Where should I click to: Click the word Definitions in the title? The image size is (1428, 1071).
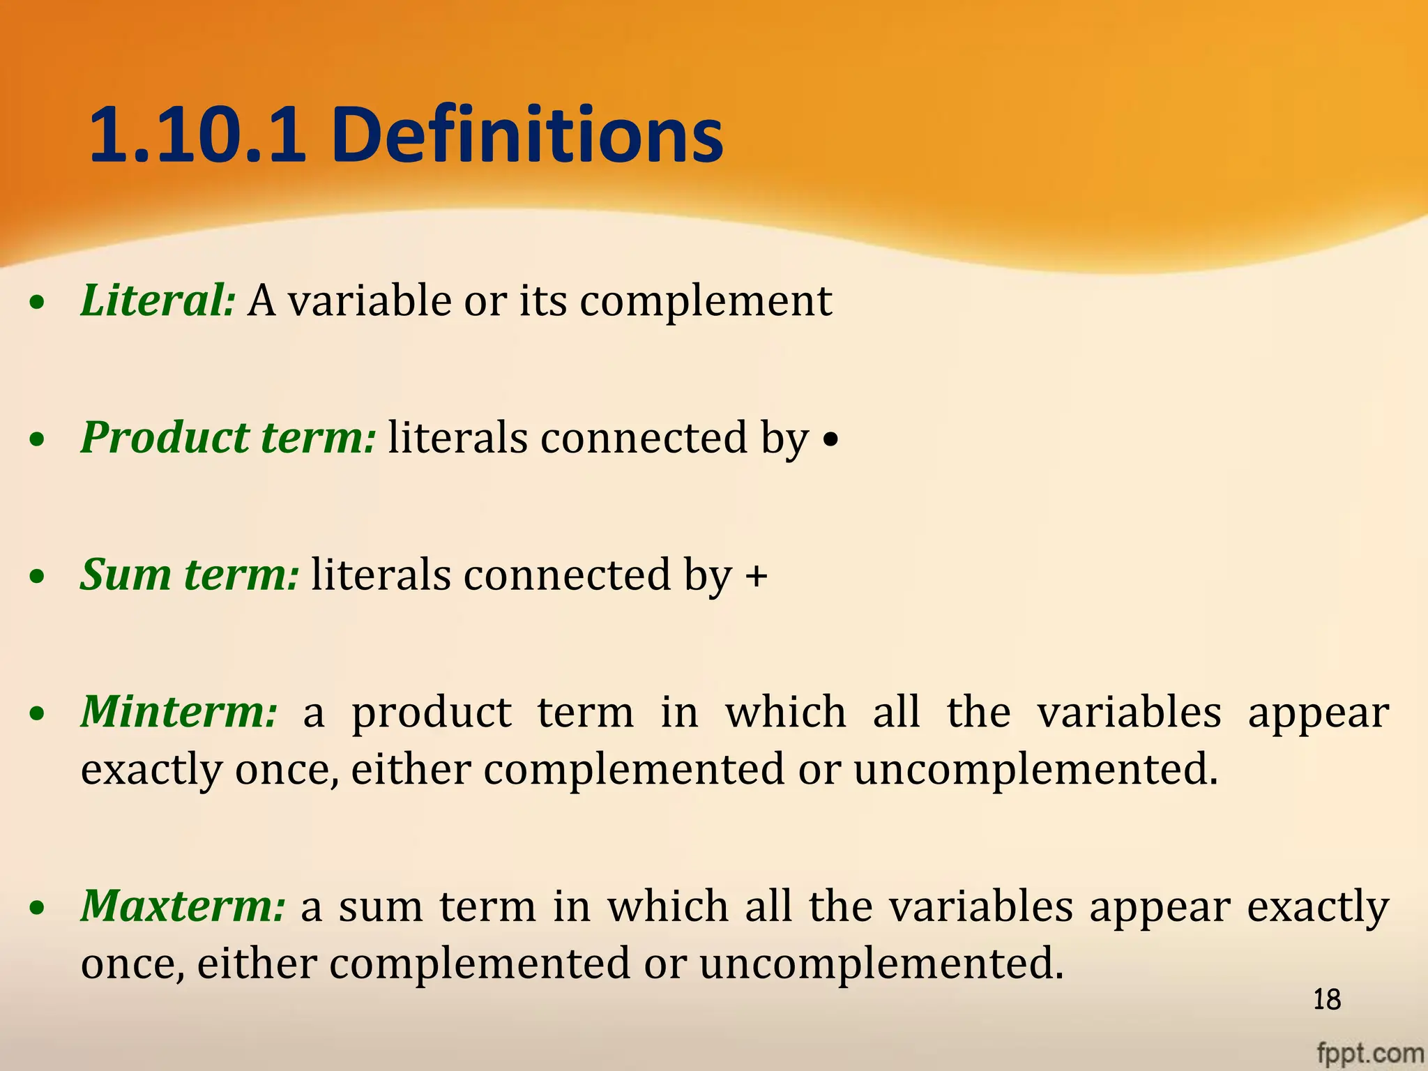pos(527,135)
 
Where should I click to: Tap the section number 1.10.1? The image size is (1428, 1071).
pos(198,135)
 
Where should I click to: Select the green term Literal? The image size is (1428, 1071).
pos(158,301)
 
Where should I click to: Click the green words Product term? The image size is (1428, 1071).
pos(228,438)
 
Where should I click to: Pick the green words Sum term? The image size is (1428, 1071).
pos(190,575)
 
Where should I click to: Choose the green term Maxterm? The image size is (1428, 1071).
pos(183,906)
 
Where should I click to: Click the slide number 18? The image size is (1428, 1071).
pos(1326,1000)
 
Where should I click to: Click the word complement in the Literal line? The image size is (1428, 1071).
pos(706,301)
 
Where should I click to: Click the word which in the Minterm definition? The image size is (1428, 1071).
pos(786,712)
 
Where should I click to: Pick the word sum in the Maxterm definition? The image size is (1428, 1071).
pos(381,907)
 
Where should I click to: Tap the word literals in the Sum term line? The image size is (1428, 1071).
pos(381,575)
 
